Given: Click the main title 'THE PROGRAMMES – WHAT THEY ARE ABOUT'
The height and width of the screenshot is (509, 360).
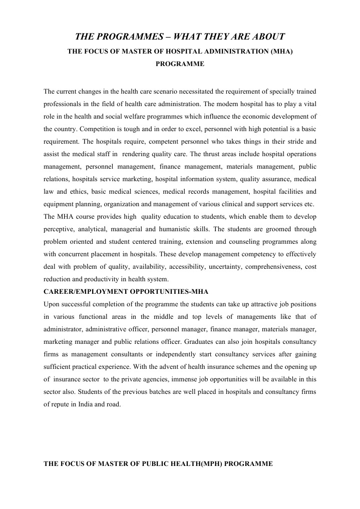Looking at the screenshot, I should [180, 37].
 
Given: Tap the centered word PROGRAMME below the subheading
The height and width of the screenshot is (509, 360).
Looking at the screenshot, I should [180, 64].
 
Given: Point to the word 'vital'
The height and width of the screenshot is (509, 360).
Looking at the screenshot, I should [308, 104].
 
